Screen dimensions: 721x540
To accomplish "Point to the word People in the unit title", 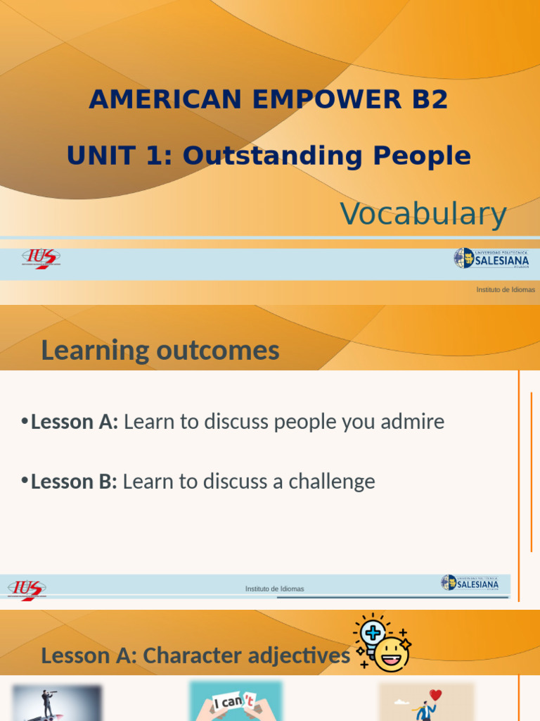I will pyautogui.click(x=422, y=156).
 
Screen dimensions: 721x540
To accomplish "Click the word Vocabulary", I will pyautogui.click(x=423, y=214).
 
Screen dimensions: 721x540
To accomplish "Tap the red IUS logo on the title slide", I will pyautogui.click(x=41, y=259).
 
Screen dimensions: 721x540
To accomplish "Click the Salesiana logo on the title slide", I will pyautogui.click(x=491, y=258).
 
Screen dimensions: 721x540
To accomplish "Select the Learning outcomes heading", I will pyautogui.click(x=160, y=350).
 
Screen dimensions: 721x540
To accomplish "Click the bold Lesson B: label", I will pyautogui.click(x=74, y=482).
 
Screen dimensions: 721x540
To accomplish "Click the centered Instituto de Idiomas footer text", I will pyautogui.click(x=274, y=589).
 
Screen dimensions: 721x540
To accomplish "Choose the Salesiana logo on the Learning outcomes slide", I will pyautogui.click(x=470, y=583).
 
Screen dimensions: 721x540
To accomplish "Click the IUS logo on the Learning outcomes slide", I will pyautogui.click(x=27, y=589).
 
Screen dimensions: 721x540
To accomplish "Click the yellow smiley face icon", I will pyautogui.click(x=392, y=654).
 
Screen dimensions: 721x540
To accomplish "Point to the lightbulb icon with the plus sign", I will pyautogui.click(x=372, y=632).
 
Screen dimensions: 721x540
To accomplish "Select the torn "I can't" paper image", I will pyautogui.click(x=236, y=701).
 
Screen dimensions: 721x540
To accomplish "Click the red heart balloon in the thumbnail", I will pyautogui.click(x=435, y=695).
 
